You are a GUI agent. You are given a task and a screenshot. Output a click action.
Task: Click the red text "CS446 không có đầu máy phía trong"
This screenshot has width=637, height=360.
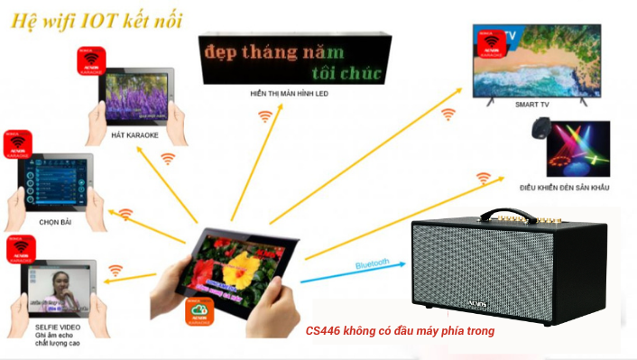(x=399, y=331)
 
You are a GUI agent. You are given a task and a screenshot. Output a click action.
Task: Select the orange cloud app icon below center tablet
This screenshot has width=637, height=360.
(x=201, y=311)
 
